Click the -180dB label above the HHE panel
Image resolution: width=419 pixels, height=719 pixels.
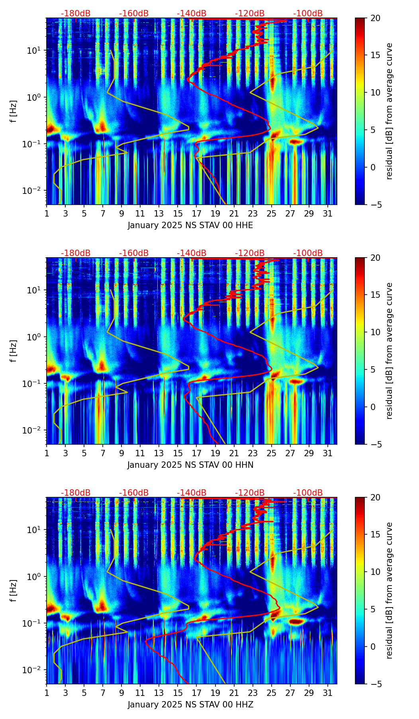(x=76, y=14)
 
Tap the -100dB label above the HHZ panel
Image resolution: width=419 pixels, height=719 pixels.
(x=308, y=493)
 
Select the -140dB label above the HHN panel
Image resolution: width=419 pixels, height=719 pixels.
(x=192, y=253)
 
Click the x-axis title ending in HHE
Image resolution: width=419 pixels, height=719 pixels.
(x=190, y=225)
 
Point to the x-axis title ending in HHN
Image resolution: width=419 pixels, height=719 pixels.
(x=190, y=465)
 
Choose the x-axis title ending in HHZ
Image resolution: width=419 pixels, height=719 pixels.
(x=190, y=705)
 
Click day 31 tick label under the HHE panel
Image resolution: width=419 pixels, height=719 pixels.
(x=328, y=214)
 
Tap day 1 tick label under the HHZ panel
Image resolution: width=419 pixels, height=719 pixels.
(x=47, y=693)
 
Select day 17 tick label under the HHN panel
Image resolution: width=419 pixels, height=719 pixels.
(x=197, y=453)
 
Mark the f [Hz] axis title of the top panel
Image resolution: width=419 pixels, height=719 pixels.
(x=14, y=111)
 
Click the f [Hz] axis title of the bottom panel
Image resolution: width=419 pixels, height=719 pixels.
(x=14, y=591)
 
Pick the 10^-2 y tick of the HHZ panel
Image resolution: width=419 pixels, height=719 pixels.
(x=32, y=670)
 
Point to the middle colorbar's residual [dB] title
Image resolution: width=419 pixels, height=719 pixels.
(x=390, y=351)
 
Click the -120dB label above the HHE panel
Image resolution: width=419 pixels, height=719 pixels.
(x=250, y=14)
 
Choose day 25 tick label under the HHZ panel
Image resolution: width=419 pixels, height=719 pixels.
(x=272, y=693)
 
